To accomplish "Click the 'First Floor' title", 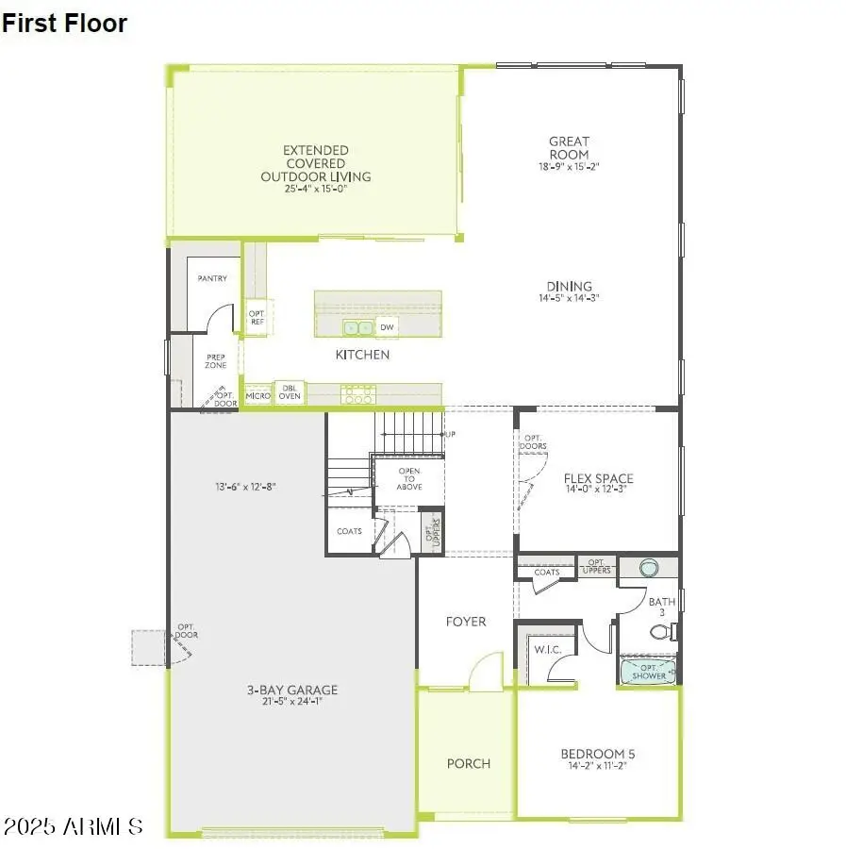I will tap(64, 24).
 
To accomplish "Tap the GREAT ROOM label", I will tap(569, 148).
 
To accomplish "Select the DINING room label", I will tap(569, 287).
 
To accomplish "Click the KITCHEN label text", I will tap(362, 355).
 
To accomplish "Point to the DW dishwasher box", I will tap(387, 327).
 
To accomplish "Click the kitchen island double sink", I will tap(357, 327).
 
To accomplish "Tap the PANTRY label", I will tap(212, 279).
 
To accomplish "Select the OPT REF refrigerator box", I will tap(256, 318).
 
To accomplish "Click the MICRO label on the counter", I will tap(257, 395).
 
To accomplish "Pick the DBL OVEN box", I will tap(290, 392).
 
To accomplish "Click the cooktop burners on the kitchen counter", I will tap(358, 394).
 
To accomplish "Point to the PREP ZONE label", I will tap(216, 361).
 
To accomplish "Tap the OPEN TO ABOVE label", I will tap(409, 478).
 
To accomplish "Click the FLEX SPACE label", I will tap(598, 478).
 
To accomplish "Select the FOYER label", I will tap(466, 621).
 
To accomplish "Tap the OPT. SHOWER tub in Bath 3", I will tap(648, 672).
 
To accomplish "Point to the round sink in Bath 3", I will tap(649, 568).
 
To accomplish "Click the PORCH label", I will tap(469, 763).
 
